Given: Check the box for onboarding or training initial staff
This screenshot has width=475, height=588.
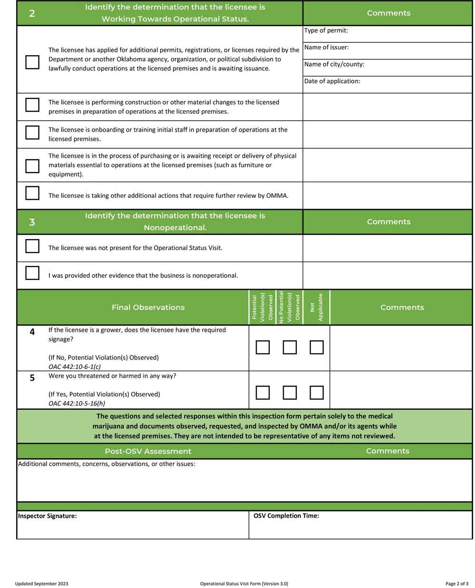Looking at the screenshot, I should (32, 132).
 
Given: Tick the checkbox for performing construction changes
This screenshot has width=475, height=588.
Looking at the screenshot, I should (32, 105).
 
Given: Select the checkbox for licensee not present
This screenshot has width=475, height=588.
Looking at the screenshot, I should (32, 246).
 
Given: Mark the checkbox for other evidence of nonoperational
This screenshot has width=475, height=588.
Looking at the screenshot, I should (32, 273).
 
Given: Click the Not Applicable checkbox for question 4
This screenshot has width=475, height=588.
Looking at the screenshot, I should (316, 347).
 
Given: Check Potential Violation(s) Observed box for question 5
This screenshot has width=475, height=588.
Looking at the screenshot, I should (263, 393).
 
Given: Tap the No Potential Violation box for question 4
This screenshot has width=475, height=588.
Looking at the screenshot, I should (290, 347).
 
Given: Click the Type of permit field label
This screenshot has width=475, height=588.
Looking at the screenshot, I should (326, 30).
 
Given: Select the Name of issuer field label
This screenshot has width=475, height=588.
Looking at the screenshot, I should (326, 48).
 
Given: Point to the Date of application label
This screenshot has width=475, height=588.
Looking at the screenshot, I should (332, 81).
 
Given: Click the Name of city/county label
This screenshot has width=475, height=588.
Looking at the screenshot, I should (334, 64).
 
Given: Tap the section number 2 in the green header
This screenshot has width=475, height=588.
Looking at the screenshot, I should (32, 13).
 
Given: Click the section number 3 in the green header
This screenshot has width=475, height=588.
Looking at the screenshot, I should (32, 222).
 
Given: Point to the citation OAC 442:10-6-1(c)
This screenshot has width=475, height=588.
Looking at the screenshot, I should (75, 367).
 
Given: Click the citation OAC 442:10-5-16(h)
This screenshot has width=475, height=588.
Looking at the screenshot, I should (77, 404).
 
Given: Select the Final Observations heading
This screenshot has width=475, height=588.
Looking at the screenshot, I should (148, 308).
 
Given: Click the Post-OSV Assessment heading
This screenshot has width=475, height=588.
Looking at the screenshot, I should (148, 451).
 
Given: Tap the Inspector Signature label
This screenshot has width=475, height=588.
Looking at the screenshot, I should (47, 516).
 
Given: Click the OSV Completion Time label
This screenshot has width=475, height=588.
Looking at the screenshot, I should (286, 516).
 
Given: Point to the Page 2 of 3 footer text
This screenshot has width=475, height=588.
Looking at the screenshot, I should (456, 584).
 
